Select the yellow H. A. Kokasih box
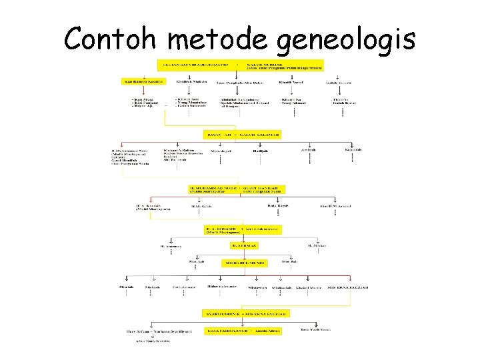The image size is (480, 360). tap(243, 229)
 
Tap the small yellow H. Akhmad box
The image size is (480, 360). tap(244, 245)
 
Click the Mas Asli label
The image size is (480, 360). tap(197, 261)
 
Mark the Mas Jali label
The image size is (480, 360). tap(288, 261)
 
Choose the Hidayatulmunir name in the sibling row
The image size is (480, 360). tap(222, 287)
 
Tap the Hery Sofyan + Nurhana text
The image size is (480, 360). tap(159, 331)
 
